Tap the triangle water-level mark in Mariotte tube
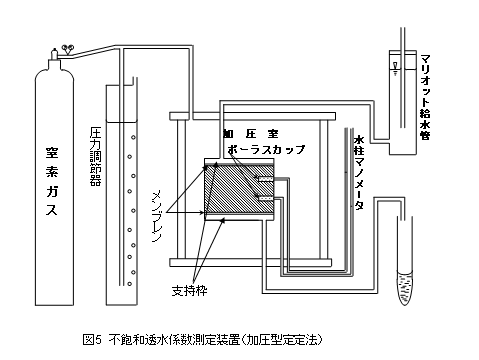pyautogui.click(x=398, y=69)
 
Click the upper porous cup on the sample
pyautogui.click(x=262, y=179)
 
